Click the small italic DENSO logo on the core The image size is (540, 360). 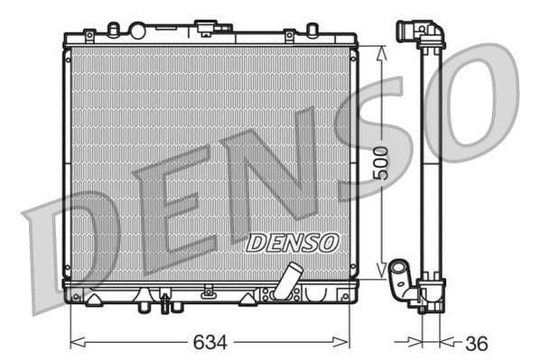pos(292,242)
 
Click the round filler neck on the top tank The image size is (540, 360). pos(137,31)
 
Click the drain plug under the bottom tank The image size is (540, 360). pos(165,304)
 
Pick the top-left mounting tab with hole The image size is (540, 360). pos(89,36)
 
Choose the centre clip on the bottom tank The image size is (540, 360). pos(209,291)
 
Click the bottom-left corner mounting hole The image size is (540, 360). pos(76,296)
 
